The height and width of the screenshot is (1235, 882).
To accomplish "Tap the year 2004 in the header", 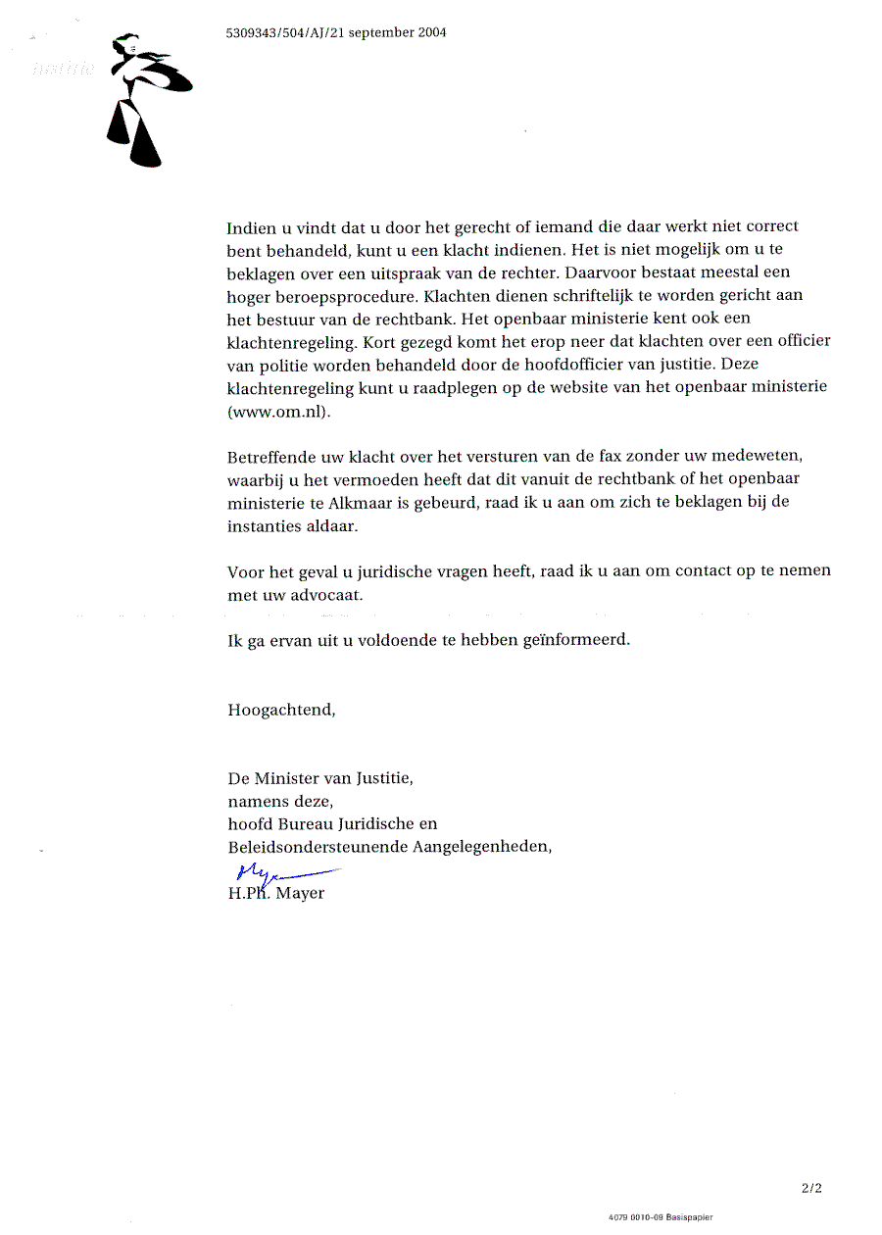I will click(x=429, y=32).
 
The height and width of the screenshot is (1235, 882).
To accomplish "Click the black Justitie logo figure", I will click(x=143, y=98).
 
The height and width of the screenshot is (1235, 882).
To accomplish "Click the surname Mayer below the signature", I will click(x=299, y=894).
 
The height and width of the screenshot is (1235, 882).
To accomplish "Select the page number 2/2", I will click(x=810, y=1189).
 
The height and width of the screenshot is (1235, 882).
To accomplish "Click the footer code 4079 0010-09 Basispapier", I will click(x=661, y=1217).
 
